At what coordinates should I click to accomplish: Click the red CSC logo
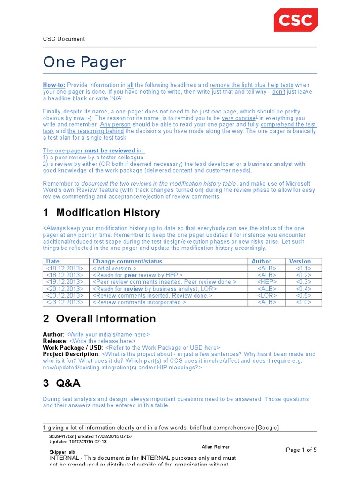[296, 21]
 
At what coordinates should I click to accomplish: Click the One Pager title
[84, 62]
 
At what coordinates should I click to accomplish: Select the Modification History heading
[108, 212]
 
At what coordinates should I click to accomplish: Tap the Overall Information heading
[105, 319]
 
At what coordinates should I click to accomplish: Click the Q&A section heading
[68, 383]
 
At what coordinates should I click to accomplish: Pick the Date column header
[53, 261]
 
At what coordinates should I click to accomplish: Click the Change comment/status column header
[127, 261]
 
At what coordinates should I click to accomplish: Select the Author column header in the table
[261, 261]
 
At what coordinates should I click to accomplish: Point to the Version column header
[300, 261]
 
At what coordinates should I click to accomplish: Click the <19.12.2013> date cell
[65, 282]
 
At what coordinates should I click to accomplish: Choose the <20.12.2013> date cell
[65, 289]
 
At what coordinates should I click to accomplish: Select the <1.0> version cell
[304, 302]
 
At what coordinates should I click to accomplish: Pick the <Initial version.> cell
[115, 268]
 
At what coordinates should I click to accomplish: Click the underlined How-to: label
[54, 85]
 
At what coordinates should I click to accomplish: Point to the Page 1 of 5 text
[301, 450]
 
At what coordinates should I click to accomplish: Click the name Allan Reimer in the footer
[216, 447]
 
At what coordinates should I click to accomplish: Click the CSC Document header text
[64, 39]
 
